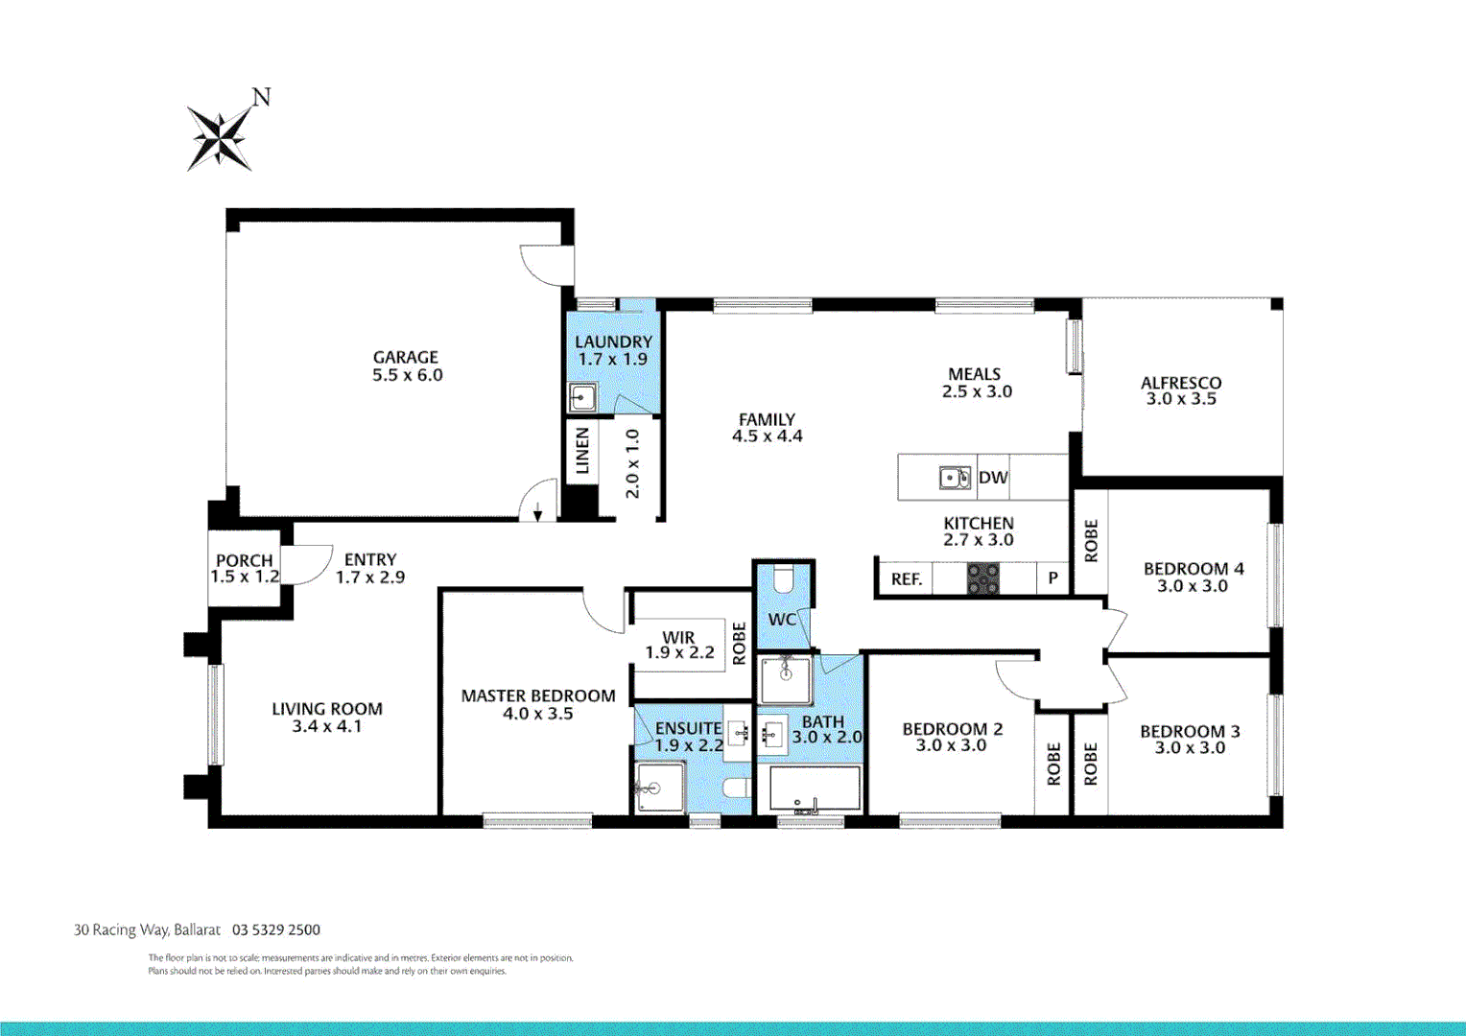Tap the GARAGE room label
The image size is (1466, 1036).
(x=406, y=357)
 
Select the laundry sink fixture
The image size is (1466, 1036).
(x=581, y=397)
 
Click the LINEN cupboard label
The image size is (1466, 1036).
(x=582, y=451)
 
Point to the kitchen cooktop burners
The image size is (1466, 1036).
(x=982, y=578)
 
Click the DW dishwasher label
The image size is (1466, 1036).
(x=993, y=478)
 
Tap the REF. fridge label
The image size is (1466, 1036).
(x=906, y=579)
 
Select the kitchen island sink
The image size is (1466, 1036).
(x=954, y=478)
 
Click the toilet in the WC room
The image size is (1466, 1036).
(x=783, y=578)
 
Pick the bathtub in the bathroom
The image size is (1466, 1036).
(x=815, y=789)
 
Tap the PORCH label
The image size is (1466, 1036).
(x=244, y=560)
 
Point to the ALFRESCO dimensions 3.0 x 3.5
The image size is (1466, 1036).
(x=1181, y=399)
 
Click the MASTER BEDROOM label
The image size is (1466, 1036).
(x=538, y=695)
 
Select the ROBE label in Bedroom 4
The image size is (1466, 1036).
(x=1091, y=541)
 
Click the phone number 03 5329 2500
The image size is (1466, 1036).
(x=276, y=930)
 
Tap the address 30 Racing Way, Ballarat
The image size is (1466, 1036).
(x=147, y=930)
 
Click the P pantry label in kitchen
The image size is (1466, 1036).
(x=1052, y=578)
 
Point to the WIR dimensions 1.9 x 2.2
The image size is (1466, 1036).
(x=679, y=653)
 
